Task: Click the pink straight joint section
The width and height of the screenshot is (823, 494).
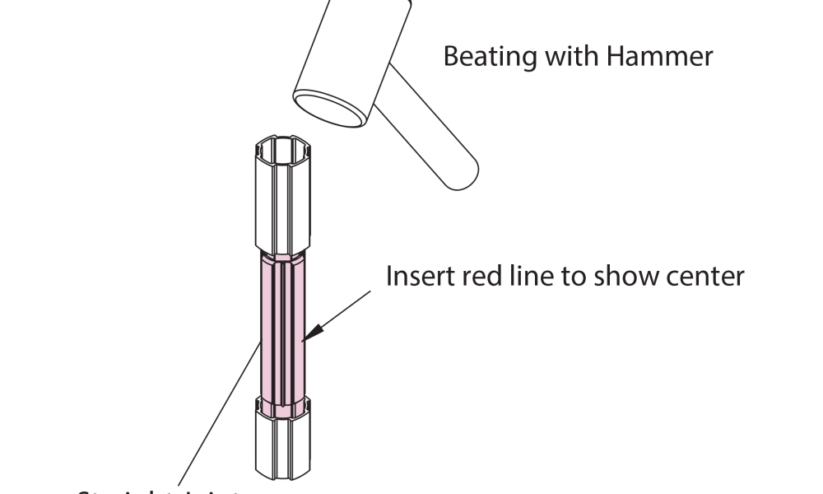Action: pyautogui.click(x=283, y=329)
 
